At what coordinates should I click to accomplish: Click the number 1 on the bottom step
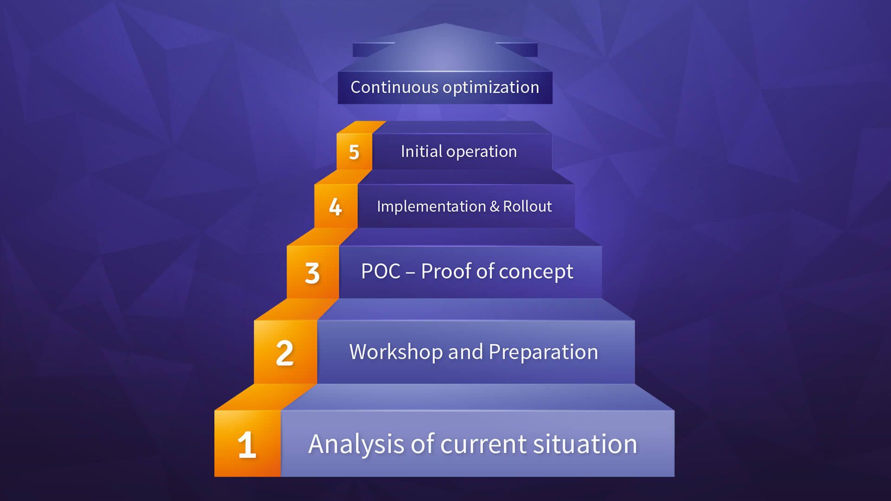pyautogui.click(x=247, y=445)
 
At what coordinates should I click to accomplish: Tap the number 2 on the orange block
pyautogui.click(x=284, y=353)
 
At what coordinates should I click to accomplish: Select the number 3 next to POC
pyautogui.click(x=312, y=273)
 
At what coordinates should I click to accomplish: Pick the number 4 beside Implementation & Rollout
pyautogui.click(x=335, y=206)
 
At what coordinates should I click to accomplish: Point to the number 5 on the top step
pyautogui.click(x=354, y=152)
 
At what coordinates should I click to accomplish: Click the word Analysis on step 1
pyautogui.click(x=356, y=444)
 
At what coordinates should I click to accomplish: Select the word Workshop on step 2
pyautogui.click(x=395, y=352)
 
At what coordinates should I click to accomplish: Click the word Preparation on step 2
pyautogui.click(x=543, y=353)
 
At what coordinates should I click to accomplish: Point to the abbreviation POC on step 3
pyautogui.click(x=381, y=271)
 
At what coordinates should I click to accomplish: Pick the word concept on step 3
pyautogui.click(x=536, y=272)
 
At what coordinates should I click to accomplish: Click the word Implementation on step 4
pyautogui.click(x=431, y=206)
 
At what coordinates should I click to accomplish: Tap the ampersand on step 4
pyautogui.click(x=494, y=206)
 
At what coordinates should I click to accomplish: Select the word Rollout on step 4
pyautogui.click(x=527, y=206)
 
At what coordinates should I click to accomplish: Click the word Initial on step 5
pyautogui.click(x=421, y=151)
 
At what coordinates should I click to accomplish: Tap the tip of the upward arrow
pyautogui.click(x=445, y=23)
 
